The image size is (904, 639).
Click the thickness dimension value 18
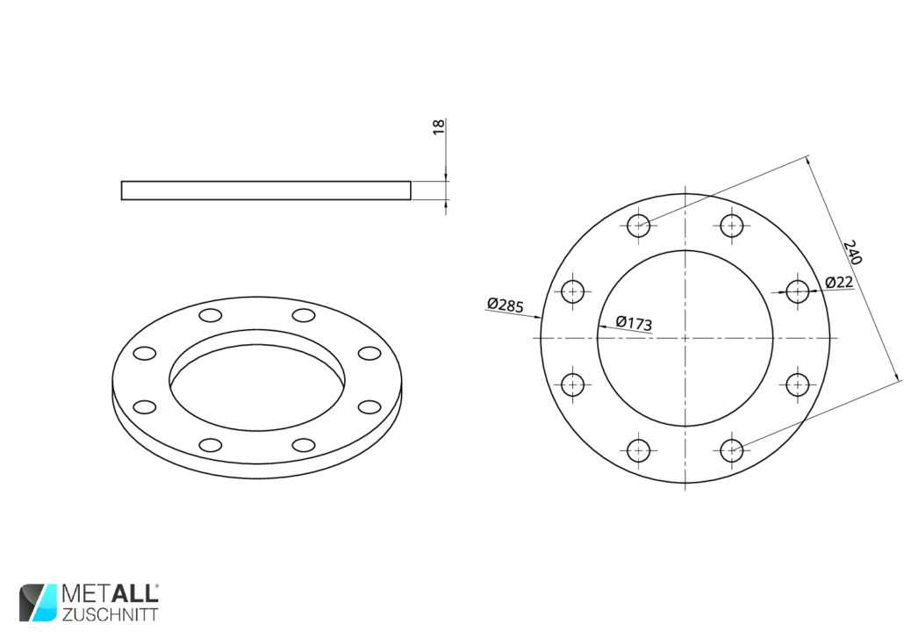point(439,127)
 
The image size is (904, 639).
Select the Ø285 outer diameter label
point(505,305)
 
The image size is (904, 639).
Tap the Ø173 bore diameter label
point(634,322)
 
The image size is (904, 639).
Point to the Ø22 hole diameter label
point(839,282)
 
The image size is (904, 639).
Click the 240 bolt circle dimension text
point(852,253)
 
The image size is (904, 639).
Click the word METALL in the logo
point(110,594)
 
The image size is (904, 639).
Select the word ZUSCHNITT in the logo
point(110,614)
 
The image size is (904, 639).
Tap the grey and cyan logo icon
point(38,603)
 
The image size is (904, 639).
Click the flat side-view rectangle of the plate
point(266,190)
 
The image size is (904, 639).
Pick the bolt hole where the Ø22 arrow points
point(797,291)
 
